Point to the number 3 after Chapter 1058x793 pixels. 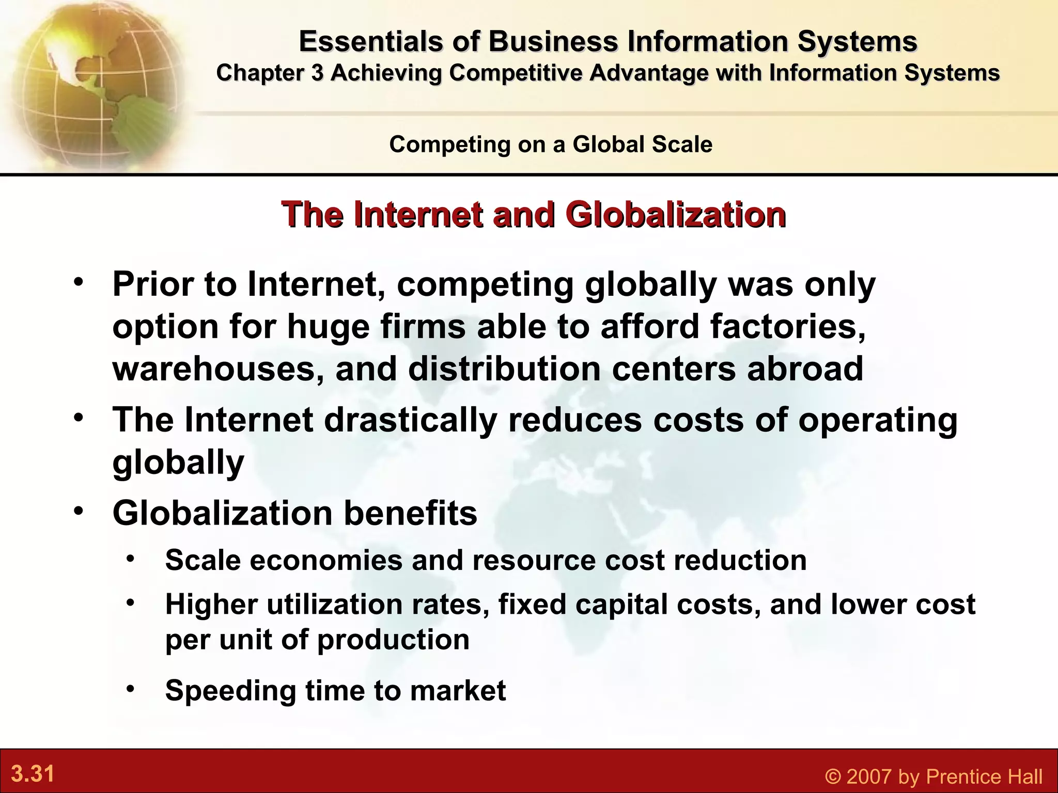317,73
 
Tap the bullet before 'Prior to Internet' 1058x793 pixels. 78,283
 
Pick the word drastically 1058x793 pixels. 411,420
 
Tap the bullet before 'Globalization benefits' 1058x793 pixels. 78,512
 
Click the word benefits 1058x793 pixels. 411,513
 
